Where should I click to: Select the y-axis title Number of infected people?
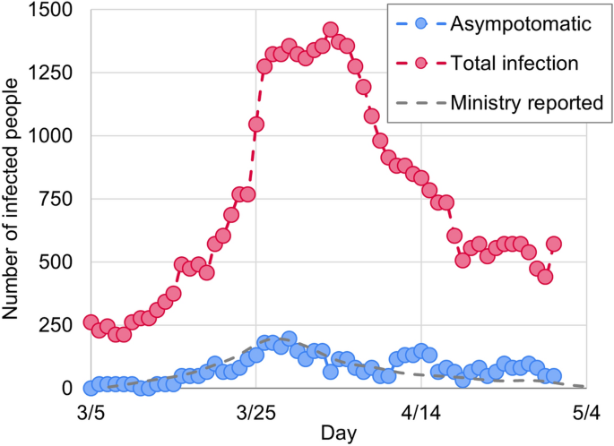tap(13, 199)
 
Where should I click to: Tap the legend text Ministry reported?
tap(526, 102)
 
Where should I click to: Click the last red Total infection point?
tap(554, 244)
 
